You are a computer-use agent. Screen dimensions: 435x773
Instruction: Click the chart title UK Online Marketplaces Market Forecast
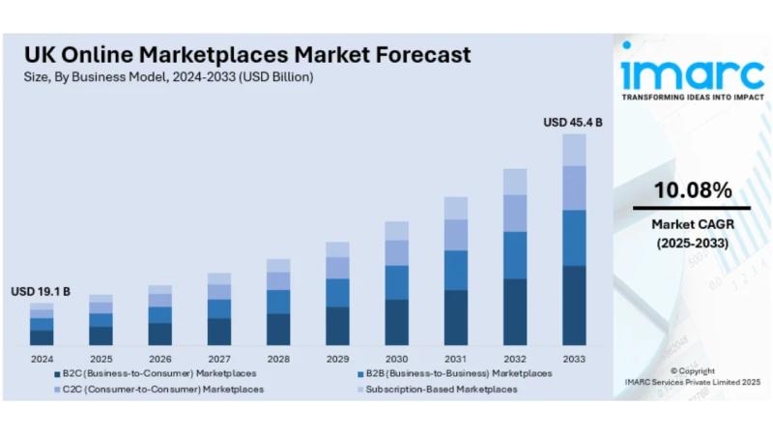247,53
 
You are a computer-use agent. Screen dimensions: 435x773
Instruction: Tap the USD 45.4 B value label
573,123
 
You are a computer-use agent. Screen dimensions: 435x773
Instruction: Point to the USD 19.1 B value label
41,291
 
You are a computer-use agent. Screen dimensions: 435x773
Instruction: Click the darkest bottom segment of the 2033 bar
574,305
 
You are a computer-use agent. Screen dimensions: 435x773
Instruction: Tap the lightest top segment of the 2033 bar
574,150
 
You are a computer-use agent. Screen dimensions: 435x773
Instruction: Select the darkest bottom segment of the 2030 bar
396,322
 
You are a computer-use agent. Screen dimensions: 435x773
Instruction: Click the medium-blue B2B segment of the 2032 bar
515,255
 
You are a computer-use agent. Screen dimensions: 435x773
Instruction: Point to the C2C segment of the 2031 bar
456,235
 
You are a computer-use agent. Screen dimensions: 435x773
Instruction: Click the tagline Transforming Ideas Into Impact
692,98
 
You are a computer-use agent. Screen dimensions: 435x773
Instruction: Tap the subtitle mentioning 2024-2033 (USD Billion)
169,76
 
